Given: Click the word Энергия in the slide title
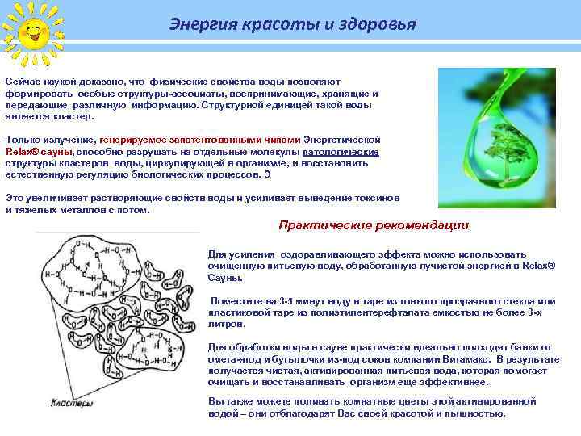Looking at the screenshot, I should pyautogui.click(x=197, y=24).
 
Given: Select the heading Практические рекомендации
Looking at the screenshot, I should pyautogui.click(x=373, y=225).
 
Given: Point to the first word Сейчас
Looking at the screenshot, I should pyautogui.click(x=23, y=82).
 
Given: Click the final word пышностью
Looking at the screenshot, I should pyautogui.click(x=475, y=413).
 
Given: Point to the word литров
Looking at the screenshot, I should pyautogui.click(x=227, y=324).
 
